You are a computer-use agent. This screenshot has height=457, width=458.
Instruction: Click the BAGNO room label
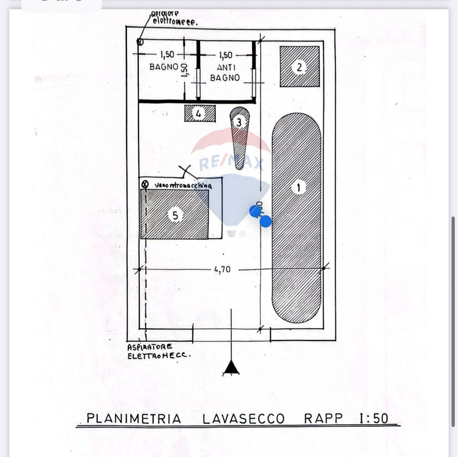coord(163,67)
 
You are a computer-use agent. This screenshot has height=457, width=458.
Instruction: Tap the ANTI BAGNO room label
coord(225,72)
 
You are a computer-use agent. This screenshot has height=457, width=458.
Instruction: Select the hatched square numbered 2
coord(300,67)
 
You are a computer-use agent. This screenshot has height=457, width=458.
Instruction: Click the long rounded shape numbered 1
coord(297,218)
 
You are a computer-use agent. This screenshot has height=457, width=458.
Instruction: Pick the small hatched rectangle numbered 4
coord(200,113)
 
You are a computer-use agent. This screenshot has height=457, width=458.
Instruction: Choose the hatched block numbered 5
coord(175,214)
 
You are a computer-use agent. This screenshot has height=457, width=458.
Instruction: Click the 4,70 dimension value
coord(222,269)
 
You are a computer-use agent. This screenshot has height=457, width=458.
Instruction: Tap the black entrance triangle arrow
coord(231,367)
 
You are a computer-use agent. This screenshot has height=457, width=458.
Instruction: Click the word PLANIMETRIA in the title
coord(134,418)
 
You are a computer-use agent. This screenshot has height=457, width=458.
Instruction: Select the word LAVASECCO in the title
coord(243,418)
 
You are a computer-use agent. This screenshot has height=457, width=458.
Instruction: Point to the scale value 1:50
coord(373,418)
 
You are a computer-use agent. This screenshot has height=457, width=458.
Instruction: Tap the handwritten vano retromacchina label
coord(183,186)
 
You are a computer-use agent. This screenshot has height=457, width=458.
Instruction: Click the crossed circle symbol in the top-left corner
coord(140,42)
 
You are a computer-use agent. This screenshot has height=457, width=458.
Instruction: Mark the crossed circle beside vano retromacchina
coord(145,184)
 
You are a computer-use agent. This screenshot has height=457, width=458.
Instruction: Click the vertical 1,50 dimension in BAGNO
coord(184,70)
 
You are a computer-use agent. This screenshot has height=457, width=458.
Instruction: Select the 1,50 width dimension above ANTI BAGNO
coord(225,55)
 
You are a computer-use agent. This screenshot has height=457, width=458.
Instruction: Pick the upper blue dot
coord(255,211)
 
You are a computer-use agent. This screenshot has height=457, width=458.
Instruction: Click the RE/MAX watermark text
coord(231,163)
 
